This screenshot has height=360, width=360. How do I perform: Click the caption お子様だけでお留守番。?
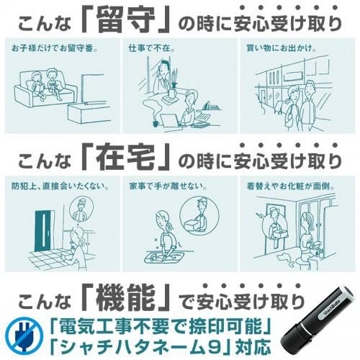pyautogui.click(x=55, y=48)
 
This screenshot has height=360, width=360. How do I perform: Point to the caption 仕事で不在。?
pyautogui.click(x=151, y=48)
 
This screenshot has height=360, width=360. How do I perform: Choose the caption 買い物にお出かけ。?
pyautogui.click(x=281, y=48)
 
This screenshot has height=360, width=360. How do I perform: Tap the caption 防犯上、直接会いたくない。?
pyautogui.click(x=60, y=186)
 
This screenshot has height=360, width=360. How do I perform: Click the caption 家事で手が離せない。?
pyautogui.click(x=168, y=186)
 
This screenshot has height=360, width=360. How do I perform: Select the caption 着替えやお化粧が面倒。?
pyautogui.click(x=291, y=186)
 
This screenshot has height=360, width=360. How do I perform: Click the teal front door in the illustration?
pyautogui.click(x=45, y=231)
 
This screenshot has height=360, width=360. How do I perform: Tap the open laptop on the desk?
pyautogui.click(x=170, y=120)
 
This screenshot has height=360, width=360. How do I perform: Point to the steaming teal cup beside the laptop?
pyautogui.click(x=156, y=122)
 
